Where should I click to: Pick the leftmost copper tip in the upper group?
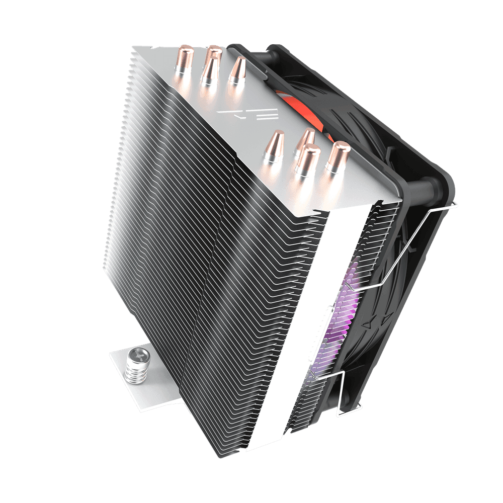tap(181, 63)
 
